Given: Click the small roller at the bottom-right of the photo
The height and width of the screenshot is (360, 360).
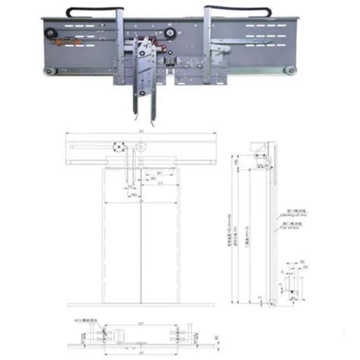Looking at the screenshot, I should pyautogui.click(x=289, y=71).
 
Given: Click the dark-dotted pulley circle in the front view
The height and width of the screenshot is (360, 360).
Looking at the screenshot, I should pyautogui.click(x=118, y=147).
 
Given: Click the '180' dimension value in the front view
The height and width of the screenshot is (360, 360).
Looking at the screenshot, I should pyautogui.click(x=133, y=196).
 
